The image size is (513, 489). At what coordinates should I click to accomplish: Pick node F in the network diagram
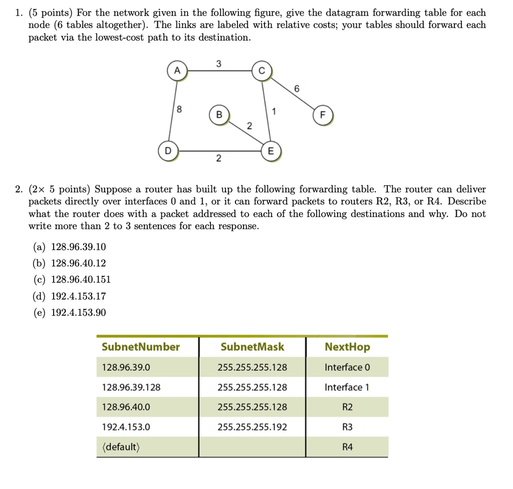click(x=322, y=115)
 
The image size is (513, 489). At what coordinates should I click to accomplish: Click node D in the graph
click(x=168, y=150)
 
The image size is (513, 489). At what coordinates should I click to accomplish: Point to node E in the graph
click(x=271, y=151)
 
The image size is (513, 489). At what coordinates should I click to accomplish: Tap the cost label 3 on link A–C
click(x=218, y=64)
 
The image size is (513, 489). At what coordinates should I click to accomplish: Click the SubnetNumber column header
click(x=140, y=347)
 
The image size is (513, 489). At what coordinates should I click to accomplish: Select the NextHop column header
click(x=347, y=347)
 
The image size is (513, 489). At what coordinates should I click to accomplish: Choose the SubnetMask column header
click(x=252, y=347)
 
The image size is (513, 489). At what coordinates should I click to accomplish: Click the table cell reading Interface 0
click(x=347, y=367)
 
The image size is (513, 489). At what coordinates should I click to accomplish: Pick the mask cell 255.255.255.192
click(x=252, y=427)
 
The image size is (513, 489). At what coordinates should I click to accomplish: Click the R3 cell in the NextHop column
click(x=347, y=427)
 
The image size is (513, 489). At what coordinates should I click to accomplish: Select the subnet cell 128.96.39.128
click(x=131, y=387)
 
